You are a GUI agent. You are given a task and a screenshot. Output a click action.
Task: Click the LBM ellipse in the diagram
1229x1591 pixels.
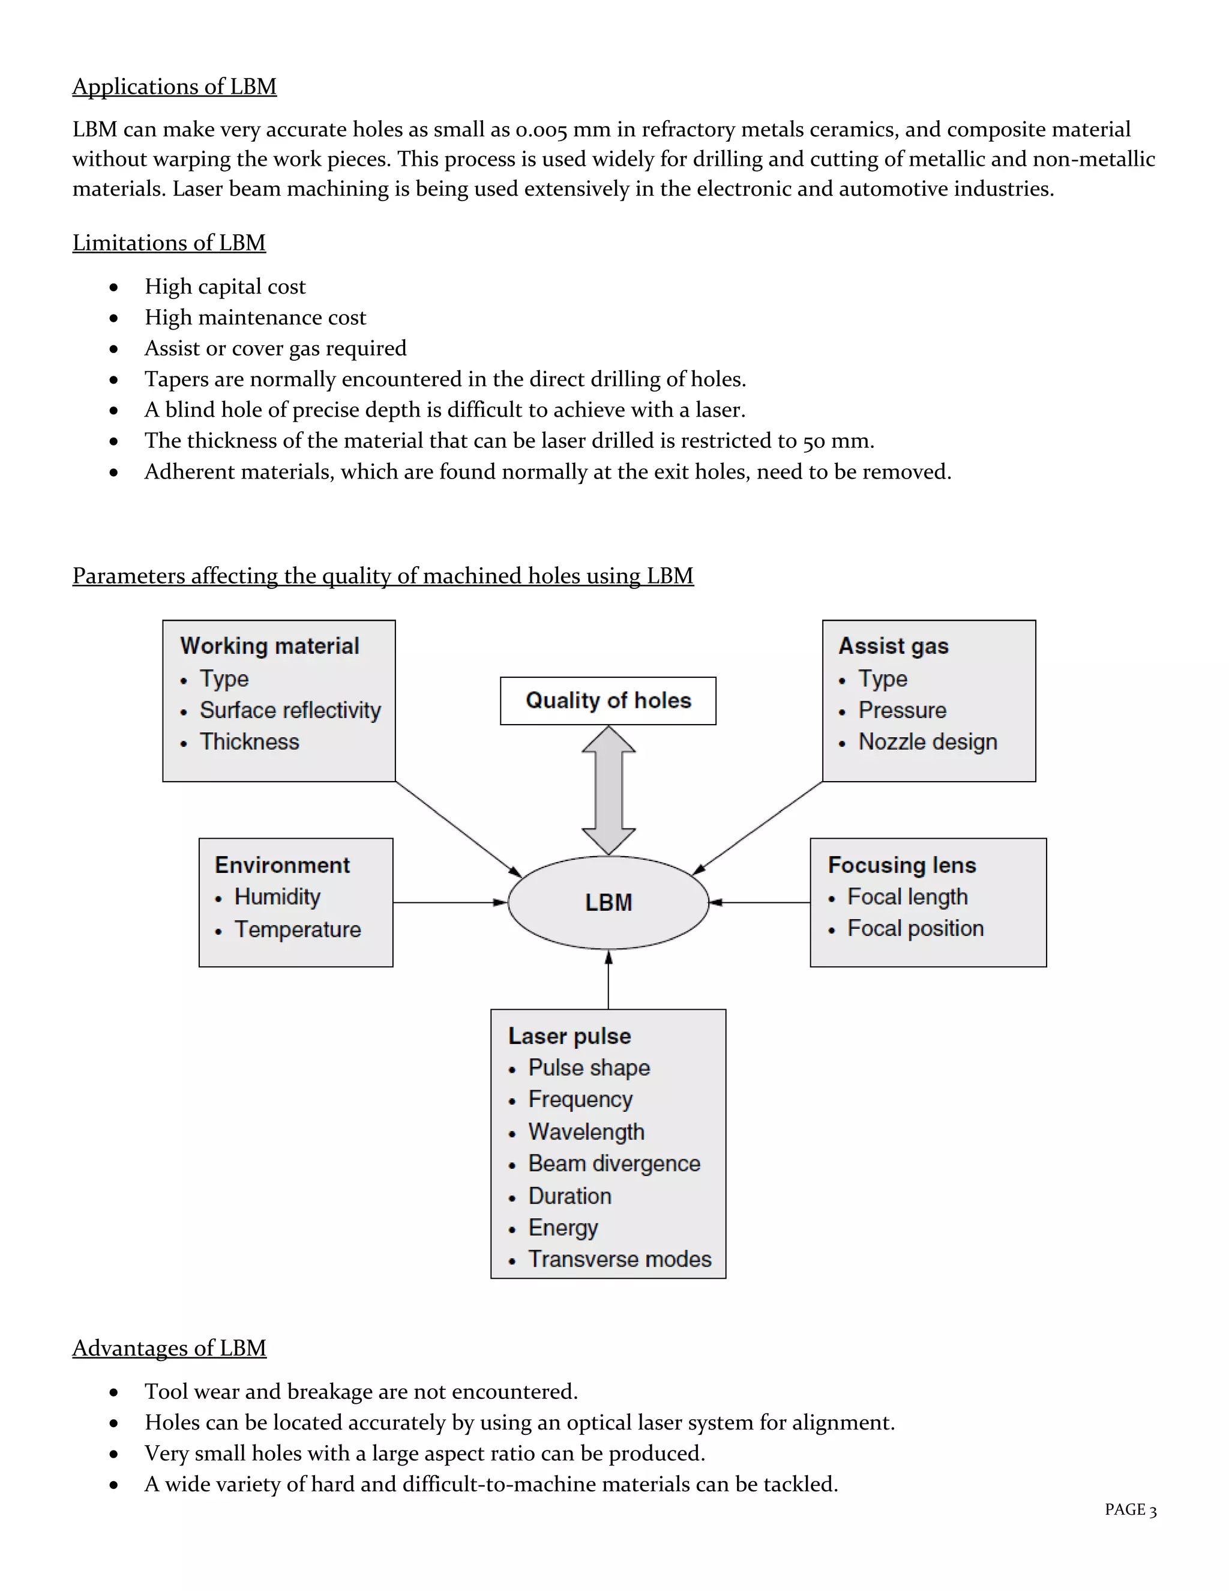pyautogui.click(x=608, y=902)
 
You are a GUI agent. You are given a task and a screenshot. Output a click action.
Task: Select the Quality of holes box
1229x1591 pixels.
pyautogui.click(x=608, y=701)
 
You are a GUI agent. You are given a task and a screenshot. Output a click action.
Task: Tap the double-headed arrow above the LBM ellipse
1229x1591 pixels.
pyautogui.click(x=608, y=791)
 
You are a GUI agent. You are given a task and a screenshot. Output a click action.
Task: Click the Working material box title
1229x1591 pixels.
pyautogui.click(x=269, y=646)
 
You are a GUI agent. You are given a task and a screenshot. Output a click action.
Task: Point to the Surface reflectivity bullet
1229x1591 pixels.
pyautogui.click(x=290, y=710)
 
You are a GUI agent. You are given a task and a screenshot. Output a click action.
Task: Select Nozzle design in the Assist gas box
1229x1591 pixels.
pyautogui.click(x=928, y=742)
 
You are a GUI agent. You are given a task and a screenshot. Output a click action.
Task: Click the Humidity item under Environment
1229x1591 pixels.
pyautogui.click(x=277, y=897)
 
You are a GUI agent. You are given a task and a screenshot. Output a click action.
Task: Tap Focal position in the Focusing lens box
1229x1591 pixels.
pyautogui.click(x=915, y=929)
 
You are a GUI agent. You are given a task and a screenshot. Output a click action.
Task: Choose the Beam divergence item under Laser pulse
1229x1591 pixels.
pyautogui.click(x=614, y=1164)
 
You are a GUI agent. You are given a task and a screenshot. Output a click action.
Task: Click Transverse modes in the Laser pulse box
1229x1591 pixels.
pyautogui.click(x=619, y=1260)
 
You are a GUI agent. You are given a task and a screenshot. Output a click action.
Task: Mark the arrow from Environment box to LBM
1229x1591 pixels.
pyautogui.click(x=449, y=902)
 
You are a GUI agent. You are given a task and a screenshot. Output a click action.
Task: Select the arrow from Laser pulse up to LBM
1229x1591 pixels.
pyautogui.click(x=608, y=980)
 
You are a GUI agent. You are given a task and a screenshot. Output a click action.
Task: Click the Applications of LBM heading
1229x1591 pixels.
pyautogui.click(x=174, y=86)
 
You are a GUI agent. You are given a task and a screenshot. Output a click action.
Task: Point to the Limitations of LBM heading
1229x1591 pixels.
pyautogui.click(x=169, y=243)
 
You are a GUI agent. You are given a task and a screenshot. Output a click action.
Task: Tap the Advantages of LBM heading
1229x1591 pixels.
pyautogui.click(x=169, y=1348)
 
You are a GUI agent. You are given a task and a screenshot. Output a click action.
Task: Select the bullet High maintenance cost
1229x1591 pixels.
pyautogui.click(x=255, y=318)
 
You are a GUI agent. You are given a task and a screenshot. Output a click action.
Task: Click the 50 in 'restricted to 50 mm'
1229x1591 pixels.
pyautogui.click(x=814, y=441)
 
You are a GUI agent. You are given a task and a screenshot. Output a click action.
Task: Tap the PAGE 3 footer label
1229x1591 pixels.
pyautogui.click(x=1130, y=1509)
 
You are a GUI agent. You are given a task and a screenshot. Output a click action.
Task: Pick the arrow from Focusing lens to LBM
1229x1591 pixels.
pyautogui.click(x=759, y=902)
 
